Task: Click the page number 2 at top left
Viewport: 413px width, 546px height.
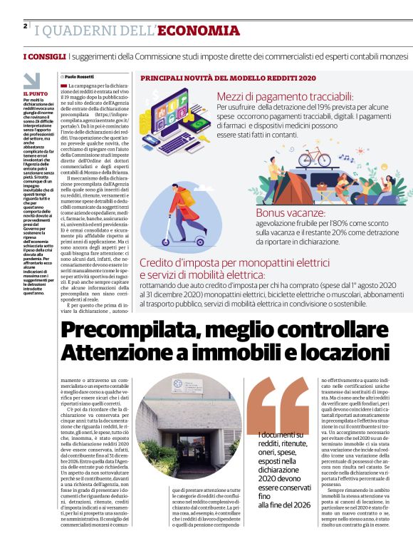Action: pos(25,26)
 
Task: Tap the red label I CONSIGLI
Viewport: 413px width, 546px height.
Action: pos(45,56)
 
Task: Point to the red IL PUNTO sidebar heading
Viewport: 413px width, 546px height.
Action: pos(35,93)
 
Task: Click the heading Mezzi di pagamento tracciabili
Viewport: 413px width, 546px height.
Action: pos(285,96)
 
